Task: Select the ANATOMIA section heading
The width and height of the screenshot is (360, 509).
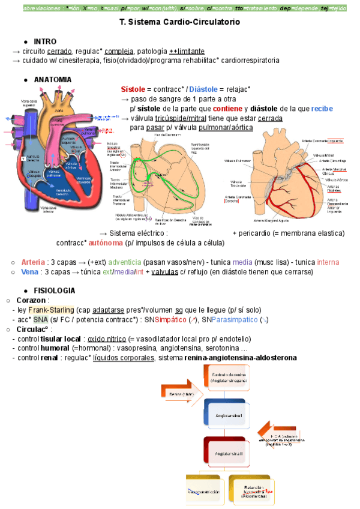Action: pos(53,80)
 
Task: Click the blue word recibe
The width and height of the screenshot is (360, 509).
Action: pos(322,109)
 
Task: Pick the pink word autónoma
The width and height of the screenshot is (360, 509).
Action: pos(106,243)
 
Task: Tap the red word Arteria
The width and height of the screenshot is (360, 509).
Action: pos(33,262)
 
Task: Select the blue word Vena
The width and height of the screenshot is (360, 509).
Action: pos(30,272)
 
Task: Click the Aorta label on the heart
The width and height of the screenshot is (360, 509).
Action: pos(59,111)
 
